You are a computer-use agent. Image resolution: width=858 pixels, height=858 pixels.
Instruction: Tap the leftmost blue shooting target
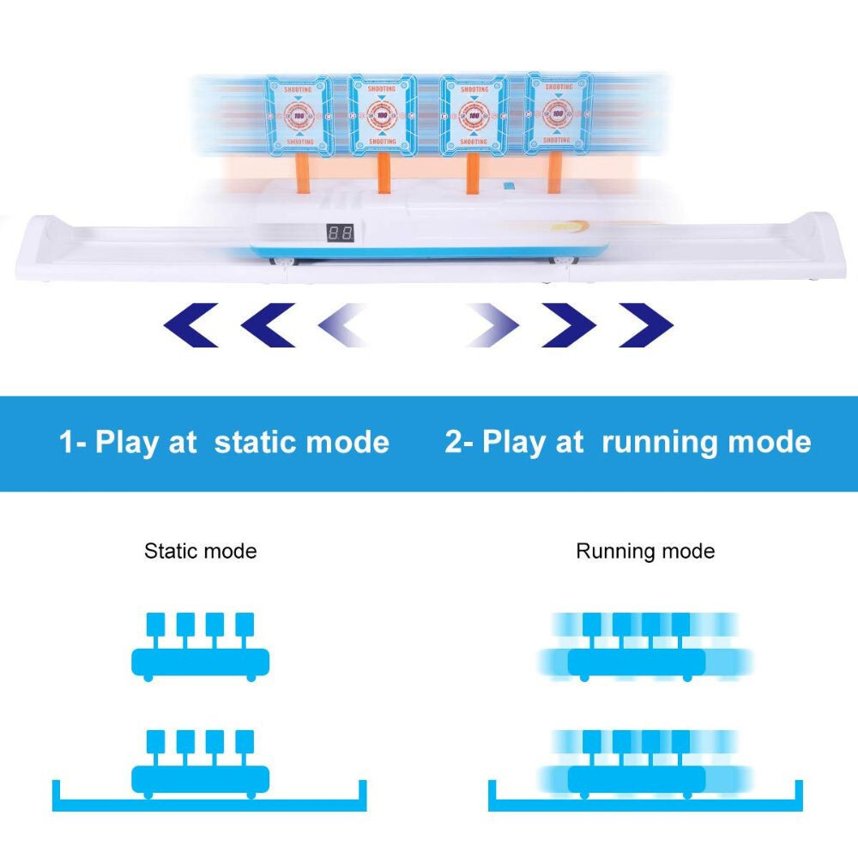coord(298,114)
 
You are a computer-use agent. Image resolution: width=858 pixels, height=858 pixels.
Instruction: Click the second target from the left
coord(383,113)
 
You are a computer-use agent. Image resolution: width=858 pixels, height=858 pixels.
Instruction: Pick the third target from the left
coord(473,113)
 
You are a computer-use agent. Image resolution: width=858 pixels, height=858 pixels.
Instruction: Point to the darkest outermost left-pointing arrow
coord(190,325)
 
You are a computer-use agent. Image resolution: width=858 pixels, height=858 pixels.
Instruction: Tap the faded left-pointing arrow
coord(343,325)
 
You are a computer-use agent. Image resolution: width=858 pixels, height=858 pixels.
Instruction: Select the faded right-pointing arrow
coord(493,325)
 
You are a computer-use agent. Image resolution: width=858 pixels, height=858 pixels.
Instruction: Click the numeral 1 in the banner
coord(66,443)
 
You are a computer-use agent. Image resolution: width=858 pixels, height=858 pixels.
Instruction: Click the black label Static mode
coord(200,551)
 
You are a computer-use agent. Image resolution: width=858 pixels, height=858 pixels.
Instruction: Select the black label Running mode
coord(645,551)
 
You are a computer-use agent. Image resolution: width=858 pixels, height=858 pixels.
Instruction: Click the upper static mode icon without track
coord(200,648)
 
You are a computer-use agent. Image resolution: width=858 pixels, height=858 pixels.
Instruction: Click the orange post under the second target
coord(383,172)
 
